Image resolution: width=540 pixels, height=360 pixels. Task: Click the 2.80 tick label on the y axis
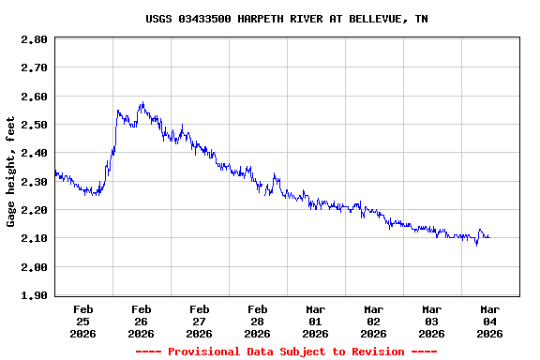pos(34,39)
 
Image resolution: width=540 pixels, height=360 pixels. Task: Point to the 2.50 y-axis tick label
pos(34,125)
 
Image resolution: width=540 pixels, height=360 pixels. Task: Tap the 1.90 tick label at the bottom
pos(34,295)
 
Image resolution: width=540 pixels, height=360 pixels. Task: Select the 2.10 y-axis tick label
pos(34,238)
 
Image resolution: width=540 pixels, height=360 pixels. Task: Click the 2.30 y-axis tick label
pos(34,182)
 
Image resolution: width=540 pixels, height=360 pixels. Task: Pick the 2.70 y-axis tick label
pos(34,67)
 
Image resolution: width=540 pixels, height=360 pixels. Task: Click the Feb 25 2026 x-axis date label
pos(82,321)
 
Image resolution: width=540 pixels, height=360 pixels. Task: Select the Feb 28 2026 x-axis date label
pos(257,321)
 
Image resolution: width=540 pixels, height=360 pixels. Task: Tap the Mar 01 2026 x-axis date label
pos(315,321)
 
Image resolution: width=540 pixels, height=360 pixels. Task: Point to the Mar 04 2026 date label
pos(489,321)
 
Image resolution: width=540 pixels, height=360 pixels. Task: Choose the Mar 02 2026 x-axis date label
pos(373,321)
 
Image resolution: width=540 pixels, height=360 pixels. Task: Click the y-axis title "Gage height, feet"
pos(11,171)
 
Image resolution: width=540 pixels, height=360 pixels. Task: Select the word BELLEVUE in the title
pos(375,19)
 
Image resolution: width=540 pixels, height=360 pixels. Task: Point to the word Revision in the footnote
pos(374,352)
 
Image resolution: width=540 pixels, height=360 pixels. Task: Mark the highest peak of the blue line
pos(142,102)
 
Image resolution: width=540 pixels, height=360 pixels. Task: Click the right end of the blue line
pos(489,237)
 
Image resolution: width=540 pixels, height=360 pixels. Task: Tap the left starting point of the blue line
pos(55,171)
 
